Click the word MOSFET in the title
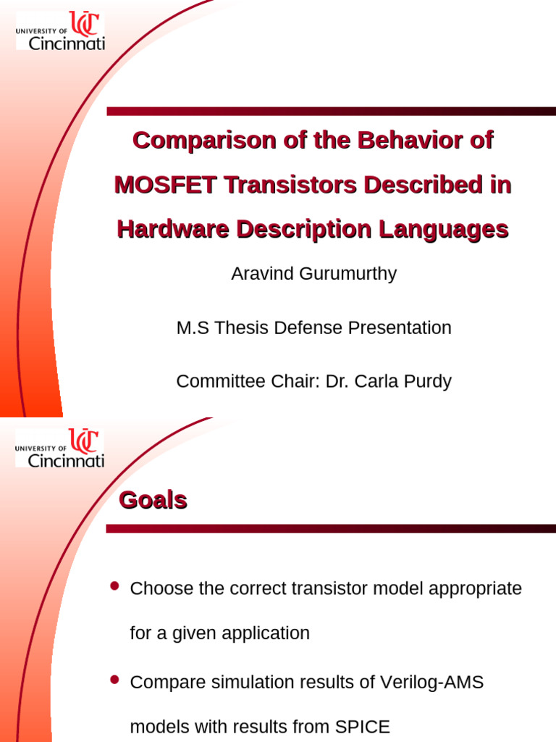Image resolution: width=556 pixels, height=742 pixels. coord(166,185)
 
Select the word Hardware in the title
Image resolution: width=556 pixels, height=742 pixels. coord(173,229)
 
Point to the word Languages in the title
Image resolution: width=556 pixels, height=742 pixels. coord(444,230)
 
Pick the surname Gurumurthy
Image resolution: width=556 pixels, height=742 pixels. coord(348,274)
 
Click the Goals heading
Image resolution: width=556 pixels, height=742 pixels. coord(153,500)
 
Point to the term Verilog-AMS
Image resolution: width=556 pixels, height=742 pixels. coord(431,683)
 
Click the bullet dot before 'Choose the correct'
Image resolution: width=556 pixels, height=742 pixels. coord(114,586)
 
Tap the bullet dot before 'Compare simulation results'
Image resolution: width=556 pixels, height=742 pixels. coord(114,680)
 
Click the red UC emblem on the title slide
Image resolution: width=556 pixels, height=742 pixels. coord(85,24)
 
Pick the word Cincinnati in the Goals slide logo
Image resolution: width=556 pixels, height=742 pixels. coord(66,460)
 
